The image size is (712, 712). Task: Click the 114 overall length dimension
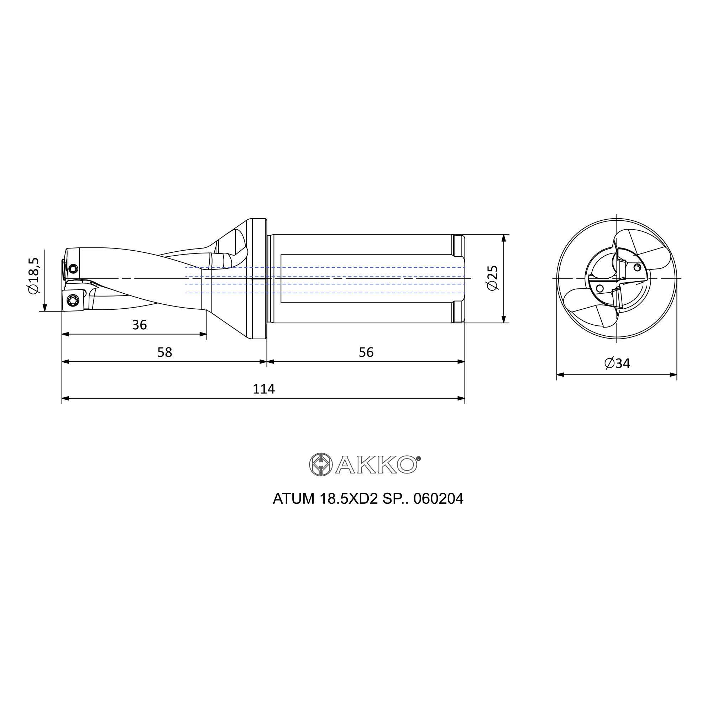263,389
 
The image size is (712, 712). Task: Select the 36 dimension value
139,325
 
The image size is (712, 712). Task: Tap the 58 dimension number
165,352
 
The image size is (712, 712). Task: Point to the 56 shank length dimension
366,352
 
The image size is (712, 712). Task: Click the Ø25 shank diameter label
493,278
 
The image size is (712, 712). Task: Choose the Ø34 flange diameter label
617,363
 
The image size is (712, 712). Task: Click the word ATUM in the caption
293,499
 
